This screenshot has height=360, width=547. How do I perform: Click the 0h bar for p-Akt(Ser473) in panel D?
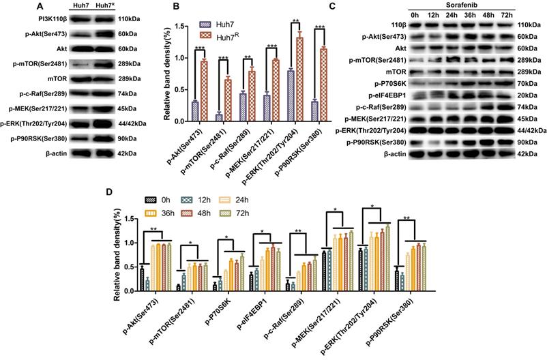point(142,280)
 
